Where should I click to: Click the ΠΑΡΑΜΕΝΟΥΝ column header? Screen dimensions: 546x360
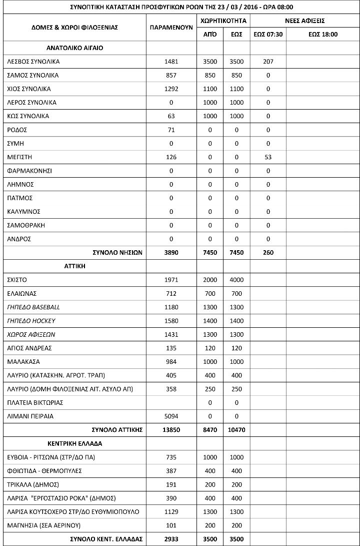tap(171, 28)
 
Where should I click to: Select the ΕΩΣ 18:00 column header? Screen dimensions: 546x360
tap(323, 35)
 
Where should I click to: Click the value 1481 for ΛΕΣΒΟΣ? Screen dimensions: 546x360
tap(171, 62)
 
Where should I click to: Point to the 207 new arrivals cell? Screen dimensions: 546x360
tap(268, 62)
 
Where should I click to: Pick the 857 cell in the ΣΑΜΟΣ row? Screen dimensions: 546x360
tap(171, 76)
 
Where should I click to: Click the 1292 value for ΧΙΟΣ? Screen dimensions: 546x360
tap(171, 89)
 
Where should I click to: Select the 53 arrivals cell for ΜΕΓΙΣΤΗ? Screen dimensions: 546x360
tap(268, 158)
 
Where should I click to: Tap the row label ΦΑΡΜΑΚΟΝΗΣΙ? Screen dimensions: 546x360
tap(29, 171)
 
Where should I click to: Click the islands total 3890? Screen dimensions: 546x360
tap(171, 253)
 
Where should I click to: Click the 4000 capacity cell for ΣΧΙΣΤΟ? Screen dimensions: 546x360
tap(236, 280)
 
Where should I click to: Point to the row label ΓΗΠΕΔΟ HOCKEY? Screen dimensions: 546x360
tap(31, 321)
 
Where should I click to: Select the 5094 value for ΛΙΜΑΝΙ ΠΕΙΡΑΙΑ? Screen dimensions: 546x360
tap(171, 416)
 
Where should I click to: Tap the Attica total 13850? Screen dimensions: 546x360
tap(171, 430)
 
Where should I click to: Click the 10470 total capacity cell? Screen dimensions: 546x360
tap(236, 430)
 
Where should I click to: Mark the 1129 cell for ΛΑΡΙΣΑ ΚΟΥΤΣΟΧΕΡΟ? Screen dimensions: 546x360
tap(171, 511)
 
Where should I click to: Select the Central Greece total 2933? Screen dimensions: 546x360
tap(171, 539)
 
